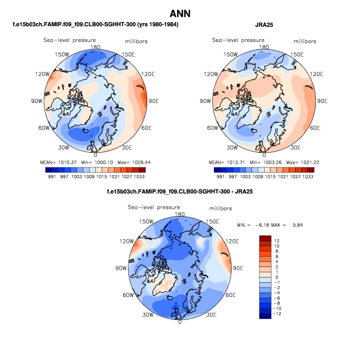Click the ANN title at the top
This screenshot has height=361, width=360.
pyautogui.click(x=180, y=13)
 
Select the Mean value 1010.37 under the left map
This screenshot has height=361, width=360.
pyautogui.click(x=68, y=162)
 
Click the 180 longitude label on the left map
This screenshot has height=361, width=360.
pyautogui.click(x=95, y=47)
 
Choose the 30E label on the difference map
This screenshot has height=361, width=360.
pyautogui.click(x=211, y=315)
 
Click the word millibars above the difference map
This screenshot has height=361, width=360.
pyautogui.click(x=221, y=208)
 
